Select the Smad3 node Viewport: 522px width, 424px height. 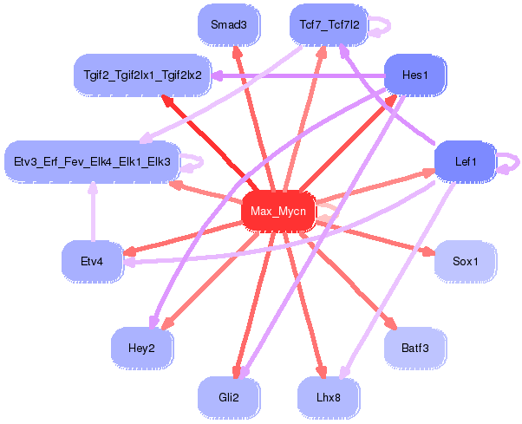pyautogui.click(x=229, y=24)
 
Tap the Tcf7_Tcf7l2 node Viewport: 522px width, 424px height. pyautogui.click(x=329, y=24)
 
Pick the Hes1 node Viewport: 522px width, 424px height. pyautogui.click(x=415, y=75)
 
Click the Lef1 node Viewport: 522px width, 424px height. pyautogui.click(x=464, y=160)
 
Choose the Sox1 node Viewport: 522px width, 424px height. pyautogui.click(x=465, y=261)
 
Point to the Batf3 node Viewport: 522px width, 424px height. pyautogui.click(x=414, y=348)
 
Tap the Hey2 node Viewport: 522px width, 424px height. pyautogui.click(x=141, y=348)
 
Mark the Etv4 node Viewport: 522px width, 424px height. pyautogui.click(x=92, y=261)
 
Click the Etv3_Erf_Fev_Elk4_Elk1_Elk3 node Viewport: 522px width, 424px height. pyautogui.click(x=92, y=160)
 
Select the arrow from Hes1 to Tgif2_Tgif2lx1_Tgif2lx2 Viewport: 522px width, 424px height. pyautogui.click(x=295, y=76)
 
